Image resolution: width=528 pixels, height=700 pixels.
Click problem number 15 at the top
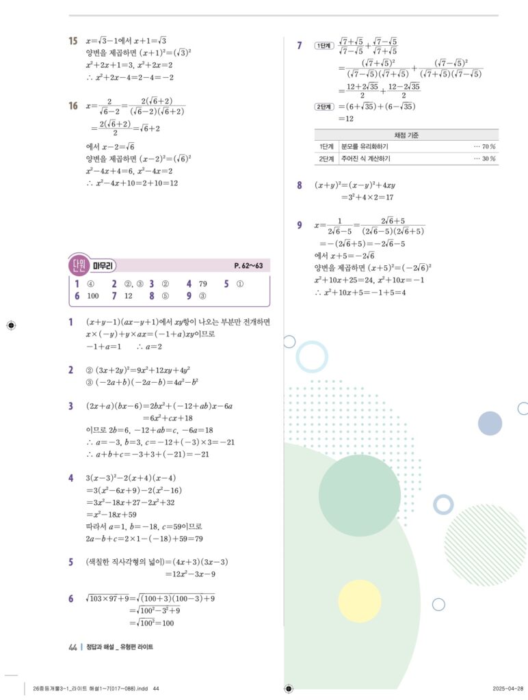pyautogui.click(x=73, y=41)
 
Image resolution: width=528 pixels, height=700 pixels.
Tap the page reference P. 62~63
pyautogui.click(x=251, y=265)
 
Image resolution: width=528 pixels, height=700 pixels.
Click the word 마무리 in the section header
pyautogui.click(x=103, y=265)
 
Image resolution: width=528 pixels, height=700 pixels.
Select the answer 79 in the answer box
pyautogui.click(x=202, y=284)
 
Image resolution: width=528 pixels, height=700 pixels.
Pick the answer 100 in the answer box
pyautogui.click(x=93, y=296)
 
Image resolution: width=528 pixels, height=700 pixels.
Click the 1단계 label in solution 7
pyautogui.click(x=322, y=46)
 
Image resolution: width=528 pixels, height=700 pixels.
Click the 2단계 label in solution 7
pyautogui.click(x=322, y=107)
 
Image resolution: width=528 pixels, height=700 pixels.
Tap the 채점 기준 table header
pyautogui.click(x=406, y=135)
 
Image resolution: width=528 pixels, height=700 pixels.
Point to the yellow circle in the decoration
pyautogui.click(x=359, y=601)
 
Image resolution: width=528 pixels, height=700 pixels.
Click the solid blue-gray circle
pyautogui.click(x=490, y=423)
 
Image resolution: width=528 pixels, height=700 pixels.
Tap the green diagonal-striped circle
pyautogui.click(x=485, y=536)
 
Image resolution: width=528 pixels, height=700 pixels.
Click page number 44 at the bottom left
pyautogui.click(x=72, y=647)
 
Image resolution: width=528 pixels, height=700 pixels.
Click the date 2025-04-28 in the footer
pyautogui.click(x=507, y=688)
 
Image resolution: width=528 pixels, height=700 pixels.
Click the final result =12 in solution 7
pyautogui.click(x=345, y=118)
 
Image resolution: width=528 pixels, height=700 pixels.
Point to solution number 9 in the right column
pyautogui.click(x=300, y=225)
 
